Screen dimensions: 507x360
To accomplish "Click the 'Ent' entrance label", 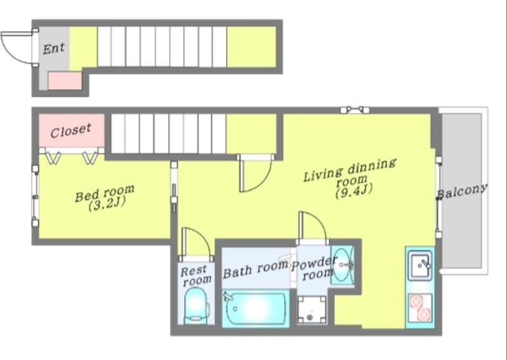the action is coord(54,49).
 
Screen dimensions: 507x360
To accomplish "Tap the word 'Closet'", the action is coord(71,131).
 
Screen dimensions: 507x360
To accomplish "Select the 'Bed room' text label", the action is coord(105,193).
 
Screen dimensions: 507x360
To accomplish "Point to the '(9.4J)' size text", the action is coord(354,191).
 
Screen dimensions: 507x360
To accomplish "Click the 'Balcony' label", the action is coord(463,191).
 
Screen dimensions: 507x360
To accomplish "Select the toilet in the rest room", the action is coord(196,305).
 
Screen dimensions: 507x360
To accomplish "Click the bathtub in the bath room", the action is coord(255,309).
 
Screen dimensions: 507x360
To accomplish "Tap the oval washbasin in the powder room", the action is coord(342,265).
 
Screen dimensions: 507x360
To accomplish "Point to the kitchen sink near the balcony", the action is coord(420,266).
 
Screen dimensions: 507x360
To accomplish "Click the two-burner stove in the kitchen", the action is coord(420,308).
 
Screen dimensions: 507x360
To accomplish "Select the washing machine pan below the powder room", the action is coord(312,309).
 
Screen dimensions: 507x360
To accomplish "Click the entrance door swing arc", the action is coord(18,48).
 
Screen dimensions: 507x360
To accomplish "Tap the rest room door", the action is coord(196,244).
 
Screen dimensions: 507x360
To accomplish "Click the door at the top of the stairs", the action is coord(255,174).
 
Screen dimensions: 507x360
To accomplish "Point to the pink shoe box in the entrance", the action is coord(65,80).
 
